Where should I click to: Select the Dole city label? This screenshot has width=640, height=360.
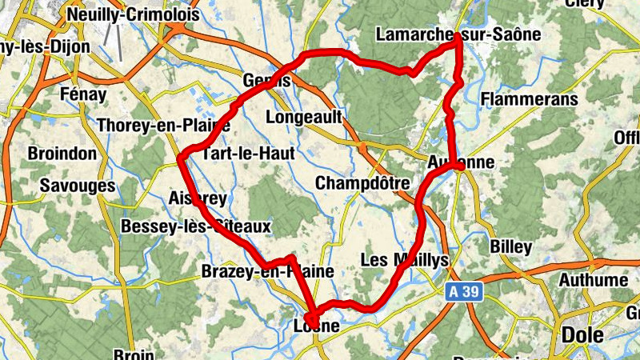coord(583,334)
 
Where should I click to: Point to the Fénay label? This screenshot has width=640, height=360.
coord(83,94)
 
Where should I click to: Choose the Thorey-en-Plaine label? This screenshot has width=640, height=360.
coord(163,126)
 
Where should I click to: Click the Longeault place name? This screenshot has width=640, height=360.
coord(303,118)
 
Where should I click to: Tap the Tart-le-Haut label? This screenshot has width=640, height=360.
coord(248,153)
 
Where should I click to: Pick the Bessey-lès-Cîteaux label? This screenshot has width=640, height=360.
coord(196,227)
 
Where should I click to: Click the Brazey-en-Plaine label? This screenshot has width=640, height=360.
coord(267,271)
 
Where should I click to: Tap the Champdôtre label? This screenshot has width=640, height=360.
coord(362,183)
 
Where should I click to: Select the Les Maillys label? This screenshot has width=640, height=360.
coord(406,260)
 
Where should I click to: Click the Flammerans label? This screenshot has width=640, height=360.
coord(530,100)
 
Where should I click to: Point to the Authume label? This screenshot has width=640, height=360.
coord(593,280)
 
